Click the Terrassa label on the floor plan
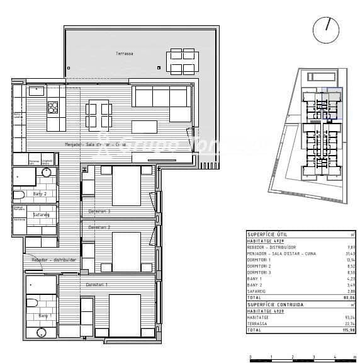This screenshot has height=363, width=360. tap(124, 54)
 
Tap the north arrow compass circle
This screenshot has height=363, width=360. tap(325, 30)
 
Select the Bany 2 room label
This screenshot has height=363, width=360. tap(40, 193)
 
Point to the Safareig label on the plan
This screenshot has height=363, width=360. tap(42, 214)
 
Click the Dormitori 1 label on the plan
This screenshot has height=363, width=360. tap(98, 285)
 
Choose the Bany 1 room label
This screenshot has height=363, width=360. tap(44, 315)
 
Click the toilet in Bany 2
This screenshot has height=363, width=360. tap(20, 194)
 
